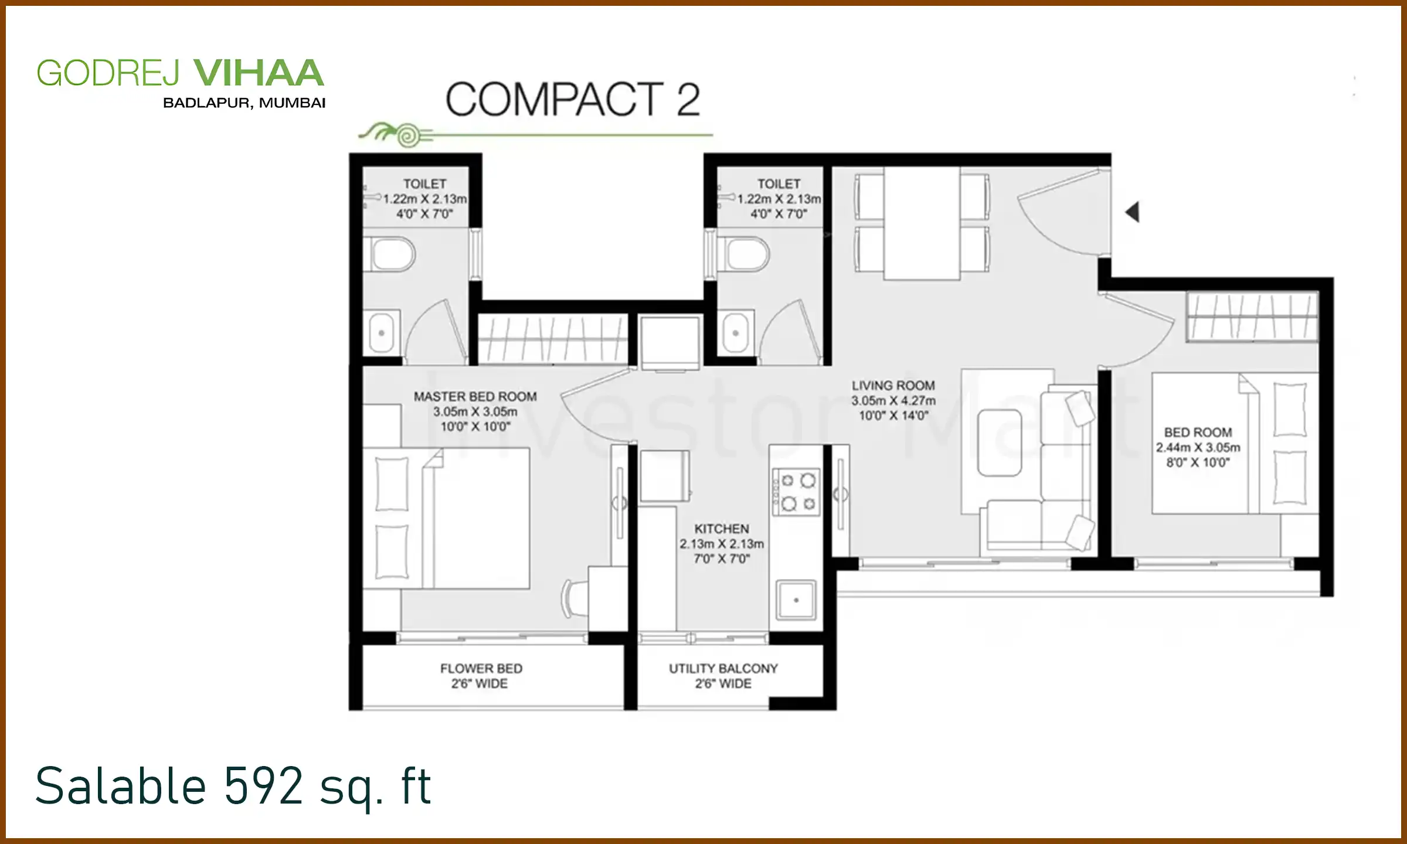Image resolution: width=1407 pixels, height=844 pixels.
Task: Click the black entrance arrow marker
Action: [1133, 212]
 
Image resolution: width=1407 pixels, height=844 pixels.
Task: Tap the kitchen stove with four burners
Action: [796, 492]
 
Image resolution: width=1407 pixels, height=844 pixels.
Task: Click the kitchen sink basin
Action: [796, 600]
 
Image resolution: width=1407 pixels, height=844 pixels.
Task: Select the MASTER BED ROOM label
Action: [475, 397]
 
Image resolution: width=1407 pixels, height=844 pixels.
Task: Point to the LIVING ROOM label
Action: [893, 386]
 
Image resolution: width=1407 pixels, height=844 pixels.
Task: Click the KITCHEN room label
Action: [722, 529]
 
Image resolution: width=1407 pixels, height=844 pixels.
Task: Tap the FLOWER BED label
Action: [481, 668]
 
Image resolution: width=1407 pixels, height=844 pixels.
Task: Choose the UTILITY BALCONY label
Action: [723, 668]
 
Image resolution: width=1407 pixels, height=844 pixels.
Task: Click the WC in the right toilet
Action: [745, 254]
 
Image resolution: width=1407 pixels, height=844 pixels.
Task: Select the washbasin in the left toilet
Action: [382, 332]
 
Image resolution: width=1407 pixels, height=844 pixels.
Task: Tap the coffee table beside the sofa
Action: [999, 443]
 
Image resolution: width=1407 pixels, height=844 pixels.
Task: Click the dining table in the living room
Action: [922, 224]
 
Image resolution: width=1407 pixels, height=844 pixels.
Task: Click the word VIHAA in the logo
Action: [258, 73]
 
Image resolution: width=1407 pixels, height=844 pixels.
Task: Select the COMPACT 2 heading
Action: [572, 99]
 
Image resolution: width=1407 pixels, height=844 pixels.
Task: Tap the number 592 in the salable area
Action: [263, 785]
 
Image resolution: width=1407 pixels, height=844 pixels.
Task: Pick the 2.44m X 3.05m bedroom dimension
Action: [1198, 447]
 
